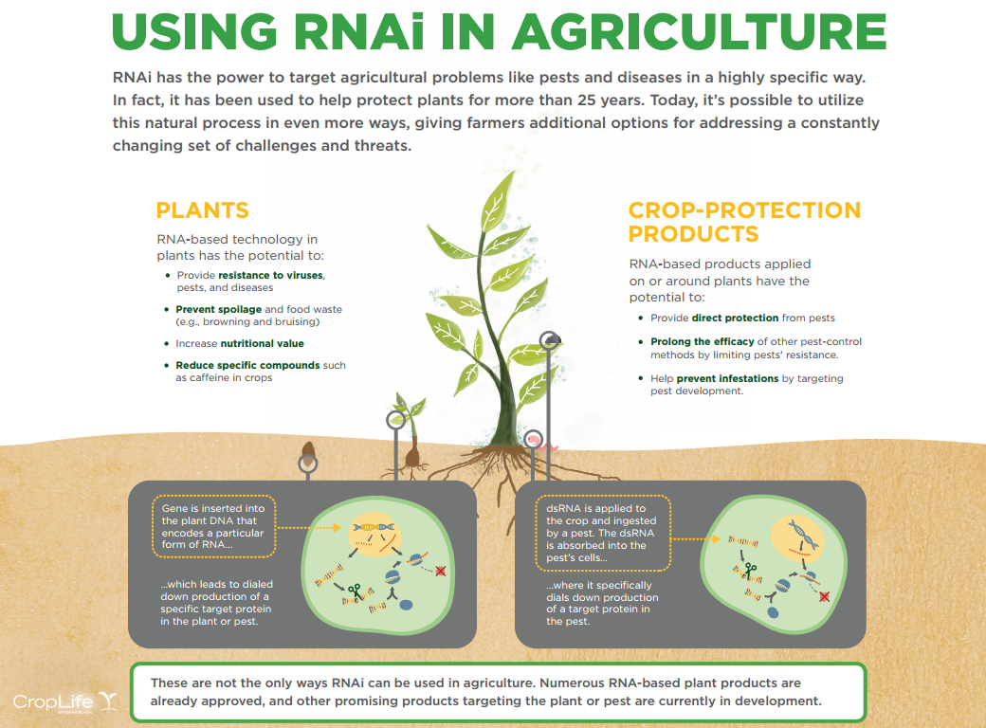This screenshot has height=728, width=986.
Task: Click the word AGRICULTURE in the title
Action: [700, 31]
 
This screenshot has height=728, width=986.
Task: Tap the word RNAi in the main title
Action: [359, 31]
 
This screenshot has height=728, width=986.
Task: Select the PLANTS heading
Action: [203, 210]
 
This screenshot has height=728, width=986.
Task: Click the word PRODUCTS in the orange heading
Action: [694, 234]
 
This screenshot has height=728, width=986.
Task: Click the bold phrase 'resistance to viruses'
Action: [271, 275]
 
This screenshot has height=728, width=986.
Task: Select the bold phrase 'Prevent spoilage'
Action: [219, 309]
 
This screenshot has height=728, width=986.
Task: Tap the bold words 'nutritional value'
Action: [263, 343]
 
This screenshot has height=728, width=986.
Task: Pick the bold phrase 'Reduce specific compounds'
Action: [247, 365]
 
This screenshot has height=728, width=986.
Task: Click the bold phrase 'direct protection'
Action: [735, 318]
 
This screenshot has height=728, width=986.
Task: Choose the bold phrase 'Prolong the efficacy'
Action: [703, 341]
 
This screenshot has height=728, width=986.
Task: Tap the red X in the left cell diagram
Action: [441, 571]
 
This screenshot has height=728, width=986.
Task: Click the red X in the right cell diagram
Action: [825, 596]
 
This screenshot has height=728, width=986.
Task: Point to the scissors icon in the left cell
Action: [355, 591]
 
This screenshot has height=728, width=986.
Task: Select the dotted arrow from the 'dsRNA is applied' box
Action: [696, 538]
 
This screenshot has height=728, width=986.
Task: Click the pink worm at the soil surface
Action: [547, 446]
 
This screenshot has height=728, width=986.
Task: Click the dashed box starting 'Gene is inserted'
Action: [214, 526]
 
